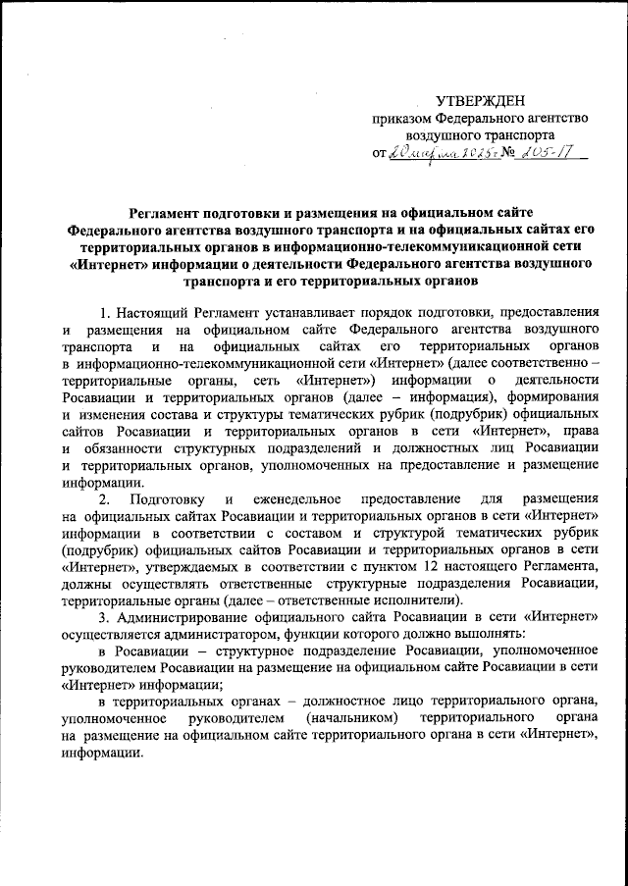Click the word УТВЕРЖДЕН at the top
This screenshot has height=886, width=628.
pyautogui.click(x=480, y=100)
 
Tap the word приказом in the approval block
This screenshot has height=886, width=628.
pyautogui.click(x=400, y=118)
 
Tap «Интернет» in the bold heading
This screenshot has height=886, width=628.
pyautogui.click(x=114, y=265)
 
